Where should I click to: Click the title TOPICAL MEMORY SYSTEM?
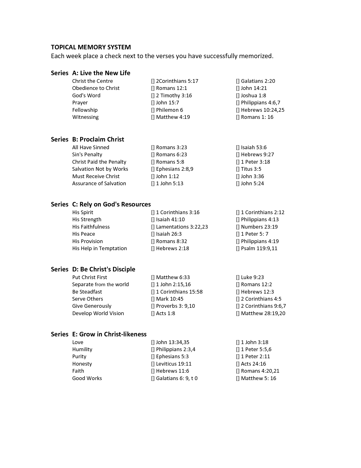(x=91, y=47)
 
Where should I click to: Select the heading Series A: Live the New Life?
(x=91, y=73)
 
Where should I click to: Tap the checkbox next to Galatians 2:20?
(x=238, y=81)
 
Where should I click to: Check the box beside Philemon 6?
(x=153, y=110)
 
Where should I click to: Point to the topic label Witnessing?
(x=85, y=117)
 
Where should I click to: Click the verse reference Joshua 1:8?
(x=253, y=96)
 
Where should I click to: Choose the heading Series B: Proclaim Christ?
(x=87, y=140)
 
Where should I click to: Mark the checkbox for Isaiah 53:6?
(x=238, y=147)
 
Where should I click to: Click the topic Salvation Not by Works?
(x=100, y=169)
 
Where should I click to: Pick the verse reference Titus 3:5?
(x=251, y=169)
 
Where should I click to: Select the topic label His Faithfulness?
(x=91, y=227)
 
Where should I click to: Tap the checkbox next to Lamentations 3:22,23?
(x=153, y=227)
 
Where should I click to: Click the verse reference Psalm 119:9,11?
(x=259, y=248)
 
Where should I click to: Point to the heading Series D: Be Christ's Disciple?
(x=93, y=269)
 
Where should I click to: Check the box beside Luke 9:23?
(x=238, y=277)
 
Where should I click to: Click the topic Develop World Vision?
(x=98, y=313)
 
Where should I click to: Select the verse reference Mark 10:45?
(x=170, y=299)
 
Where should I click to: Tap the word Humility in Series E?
(x=82, y=349)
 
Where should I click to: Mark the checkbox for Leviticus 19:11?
(x=153, y=364)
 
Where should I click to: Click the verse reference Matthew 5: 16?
(x=259, y=378)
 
